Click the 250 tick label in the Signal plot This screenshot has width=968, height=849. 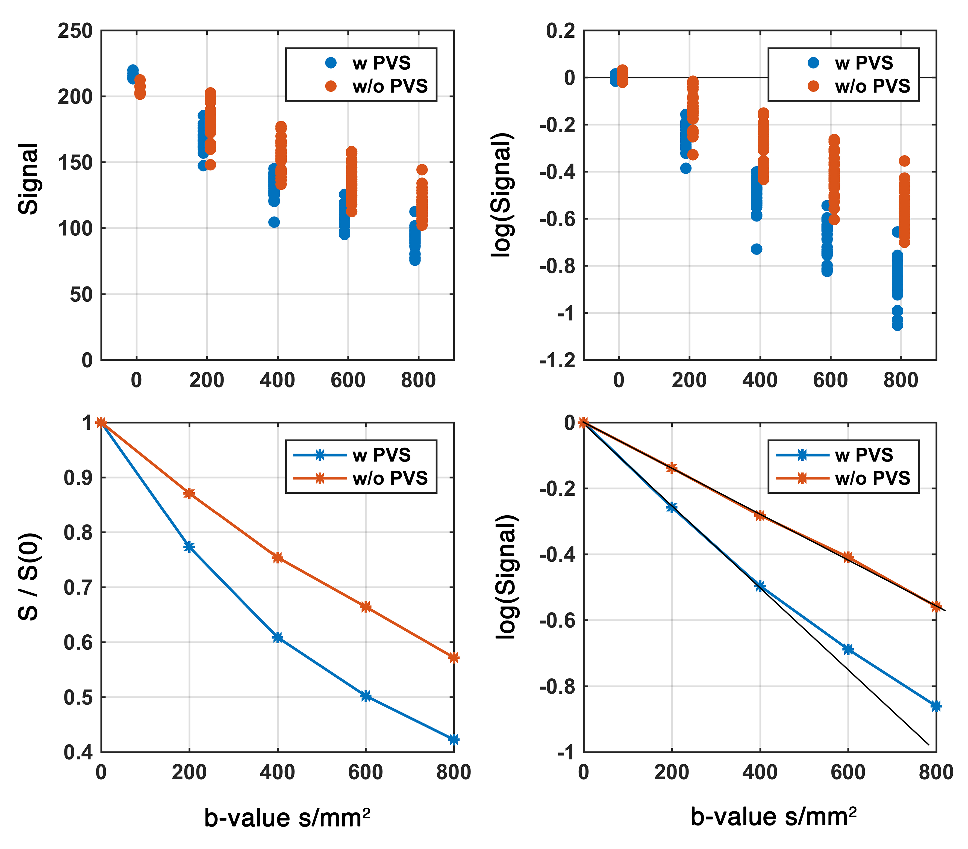(75, 31)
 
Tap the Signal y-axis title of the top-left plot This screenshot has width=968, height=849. (28, 179)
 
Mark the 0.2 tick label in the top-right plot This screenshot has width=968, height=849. (561, 31)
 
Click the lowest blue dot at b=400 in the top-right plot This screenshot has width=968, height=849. (756, 249)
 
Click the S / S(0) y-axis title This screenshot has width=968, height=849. (28, 577)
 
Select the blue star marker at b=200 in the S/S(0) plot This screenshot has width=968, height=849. (189, 547)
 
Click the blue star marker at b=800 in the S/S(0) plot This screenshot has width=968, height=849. (453, 739)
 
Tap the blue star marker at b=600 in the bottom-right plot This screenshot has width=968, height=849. (848, 649)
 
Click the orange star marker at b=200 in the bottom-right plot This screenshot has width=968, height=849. (672, 468)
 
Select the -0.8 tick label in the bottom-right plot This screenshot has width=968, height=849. (558, 686)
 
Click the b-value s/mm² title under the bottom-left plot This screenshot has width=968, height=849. (287, 818)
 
